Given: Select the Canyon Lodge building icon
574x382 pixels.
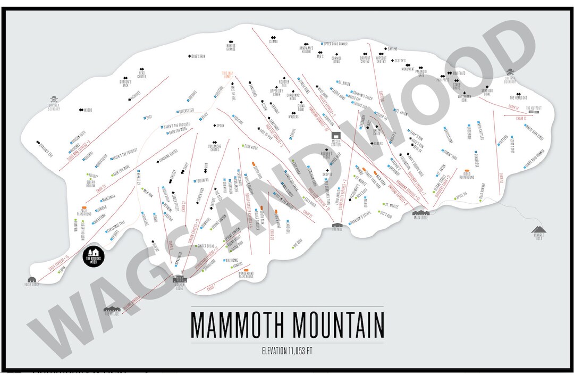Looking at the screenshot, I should (181, 279).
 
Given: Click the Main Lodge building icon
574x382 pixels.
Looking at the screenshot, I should (423, 213).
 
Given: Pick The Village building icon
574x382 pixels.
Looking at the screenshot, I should (112, 310).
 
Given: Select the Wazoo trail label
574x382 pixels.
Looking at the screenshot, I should (87, 110).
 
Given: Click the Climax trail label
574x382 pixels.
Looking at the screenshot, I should (273, 41).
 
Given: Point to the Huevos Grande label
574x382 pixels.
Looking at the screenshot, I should (230, 47).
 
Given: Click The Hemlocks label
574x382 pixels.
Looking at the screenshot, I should (519, 97).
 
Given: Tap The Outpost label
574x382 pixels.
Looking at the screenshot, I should (534, 108).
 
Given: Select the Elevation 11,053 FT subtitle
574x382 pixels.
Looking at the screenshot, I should (286, 350).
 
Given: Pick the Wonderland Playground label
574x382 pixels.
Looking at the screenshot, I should (242, 276).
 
